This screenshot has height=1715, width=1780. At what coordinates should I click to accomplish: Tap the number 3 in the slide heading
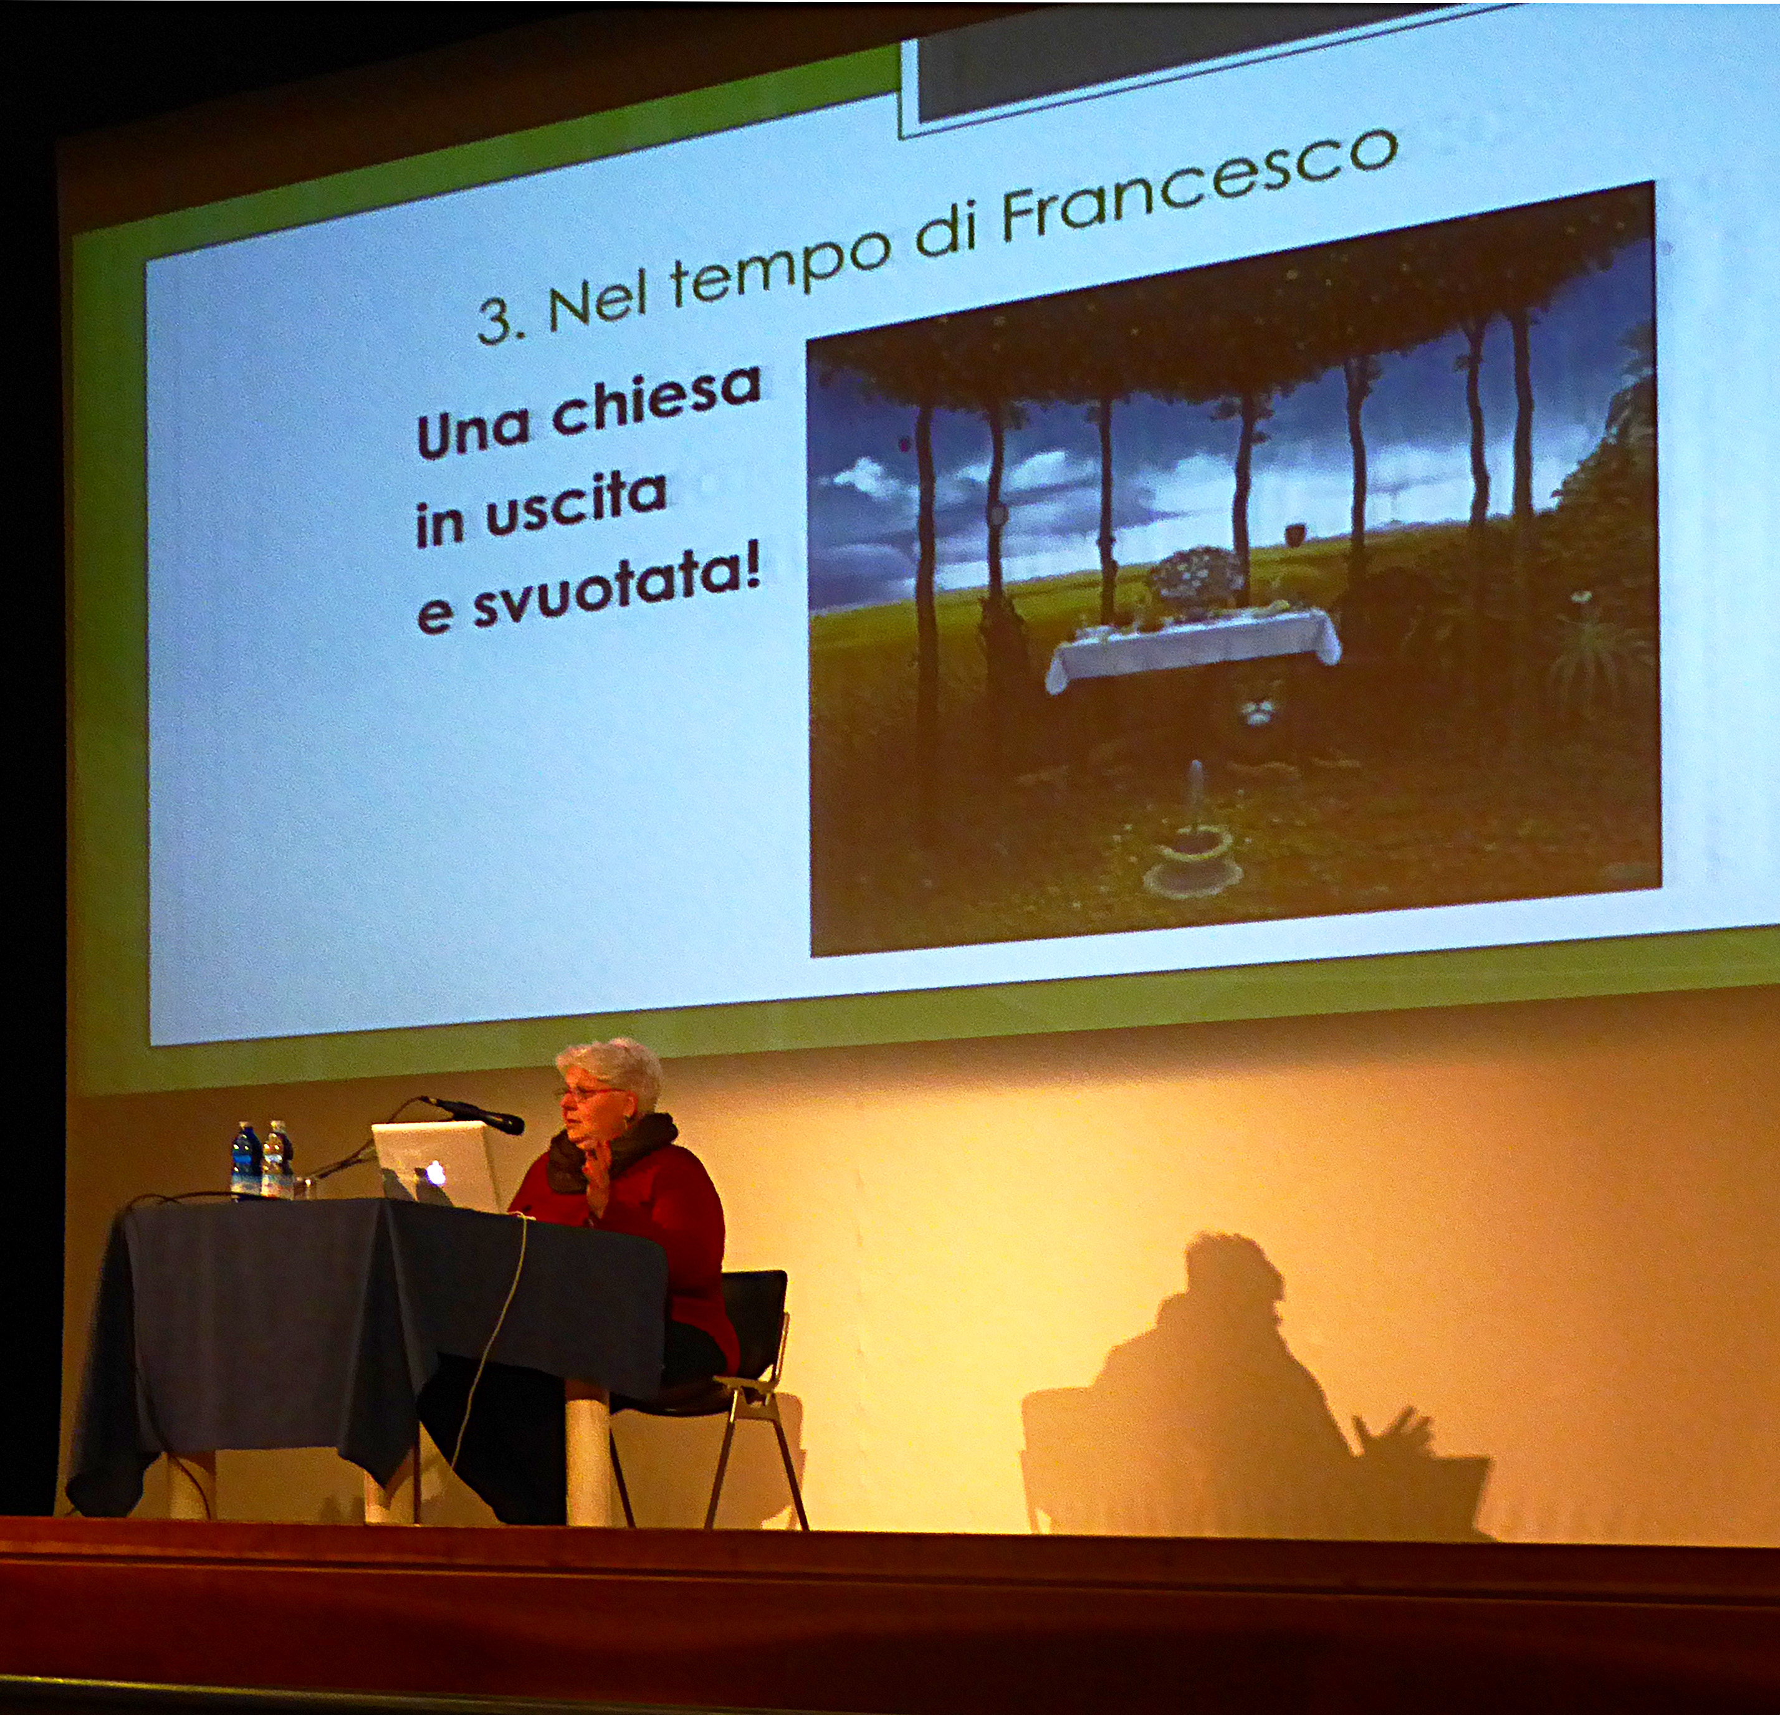coord(495,320)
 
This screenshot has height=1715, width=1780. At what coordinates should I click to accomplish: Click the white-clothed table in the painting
coord(1192,646)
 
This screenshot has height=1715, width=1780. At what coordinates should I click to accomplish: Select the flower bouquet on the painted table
coord(1194,579)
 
